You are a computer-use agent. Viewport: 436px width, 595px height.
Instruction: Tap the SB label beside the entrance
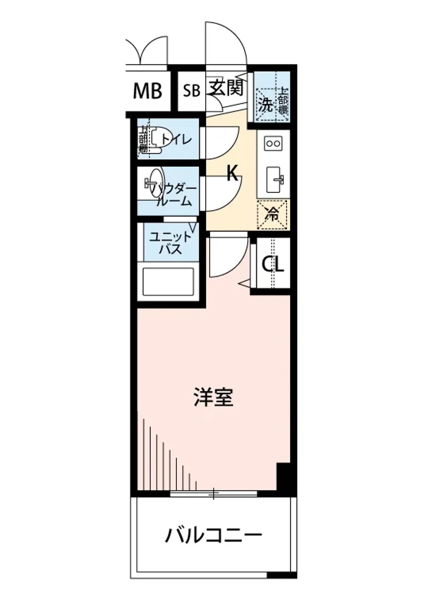pos(191,91)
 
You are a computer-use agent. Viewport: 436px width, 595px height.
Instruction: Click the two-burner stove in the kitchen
pos(273,144)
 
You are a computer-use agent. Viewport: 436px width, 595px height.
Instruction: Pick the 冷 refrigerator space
pos(272,214)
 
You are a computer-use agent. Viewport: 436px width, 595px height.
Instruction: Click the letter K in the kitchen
pos(232,173)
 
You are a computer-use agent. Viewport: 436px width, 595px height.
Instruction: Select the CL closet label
pos(273,265)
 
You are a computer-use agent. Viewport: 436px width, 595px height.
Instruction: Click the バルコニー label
pos(214,536)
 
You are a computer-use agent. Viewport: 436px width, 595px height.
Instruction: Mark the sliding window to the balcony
pos(214,493)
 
